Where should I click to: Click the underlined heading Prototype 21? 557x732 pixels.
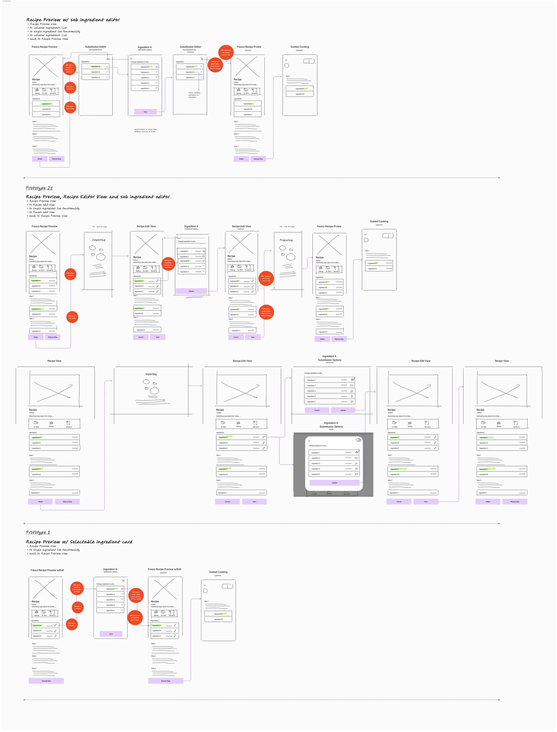(x=39, y=188)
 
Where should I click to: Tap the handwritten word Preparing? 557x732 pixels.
(x=287, y=240)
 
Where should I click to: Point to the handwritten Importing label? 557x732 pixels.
(x=99, y=240)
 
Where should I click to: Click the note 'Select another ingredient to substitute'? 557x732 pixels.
(x=194, y=95)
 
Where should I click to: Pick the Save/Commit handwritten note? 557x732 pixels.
(x=145, y=130)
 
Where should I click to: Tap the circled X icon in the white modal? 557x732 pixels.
(x=358, y=440)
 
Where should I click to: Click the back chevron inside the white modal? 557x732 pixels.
(x=309, y=441)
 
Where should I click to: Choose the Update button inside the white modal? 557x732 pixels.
(x=334, y=483)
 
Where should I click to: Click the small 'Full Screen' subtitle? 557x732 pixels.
(x=330, y=363)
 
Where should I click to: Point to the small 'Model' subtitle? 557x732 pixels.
(x=331, y=429)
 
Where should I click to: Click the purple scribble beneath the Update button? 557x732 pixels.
(x=194, y=297)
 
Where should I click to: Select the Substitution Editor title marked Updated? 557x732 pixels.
(x=190, y=47)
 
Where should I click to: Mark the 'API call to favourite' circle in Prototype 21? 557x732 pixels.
(x=70, y=274)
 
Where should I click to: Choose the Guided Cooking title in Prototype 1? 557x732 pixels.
(x=218, y=572)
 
